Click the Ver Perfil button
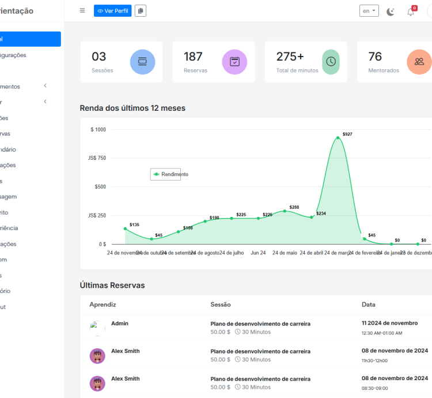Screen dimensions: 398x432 (x=112, y=11)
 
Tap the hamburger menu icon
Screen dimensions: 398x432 (x=82, y=11)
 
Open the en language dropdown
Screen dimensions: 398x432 (x=369, y=11)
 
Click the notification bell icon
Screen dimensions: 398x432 (x=411, y=12)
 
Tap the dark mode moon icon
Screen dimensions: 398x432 (x=391, y=12)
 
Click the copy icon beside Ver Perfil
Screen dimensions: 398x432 (x=141, y=11)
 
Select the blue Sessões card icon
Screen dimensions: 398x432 (x=142, y=62)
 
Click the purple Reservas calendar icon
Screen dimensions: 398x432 (x=234, y=62)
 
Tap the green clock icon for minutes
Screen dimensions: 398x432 (x=331, y=62)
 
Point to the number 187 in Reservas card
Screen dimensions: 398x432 (x=193, y=57)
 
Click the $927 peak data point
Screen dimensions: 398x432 (x=338, y=138)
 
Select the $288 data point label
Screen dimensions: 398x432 (x=294, y=207)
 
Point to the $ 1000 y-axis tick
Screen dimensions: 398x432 (x=98, y=130)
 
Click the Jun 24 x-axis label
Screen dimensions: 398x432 (x=258, y=253)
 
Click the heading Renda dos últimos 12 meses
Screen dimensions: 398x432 (x=132, y=108)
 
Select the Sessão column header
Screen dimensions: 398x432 (x=222, y=304)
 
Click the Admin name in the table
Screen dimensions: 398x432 (x=120, y=324)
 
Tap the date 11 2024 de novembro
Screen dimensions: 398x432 (x=389, y=323)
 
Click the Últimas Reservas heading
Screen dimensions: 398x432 (x=112, y=286)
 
